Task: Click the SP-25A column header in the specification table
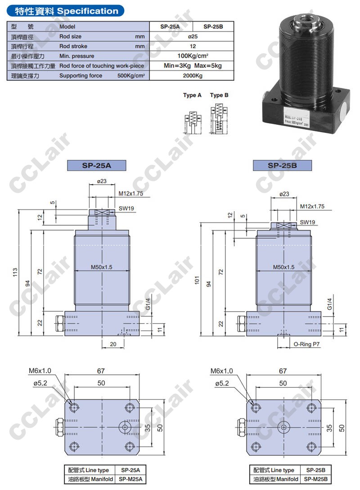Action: pos(170,27)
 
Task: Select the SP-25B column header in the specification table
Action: pos(213,27)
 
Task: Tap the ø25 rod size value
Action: pos(193,36)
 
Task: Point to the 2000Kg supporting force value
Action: pos(193,76)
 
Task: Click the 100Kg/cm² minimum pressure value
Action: pos(193,56)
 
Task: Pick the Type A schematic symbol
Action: pos(193,122)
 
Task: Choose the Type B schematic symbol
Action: pos(219,119)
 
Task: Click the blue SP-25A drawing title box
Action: pos(96,165)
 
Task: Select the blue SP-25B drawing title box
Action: pos(282,165)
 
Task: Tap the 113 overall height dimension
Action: pos(15,272)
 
